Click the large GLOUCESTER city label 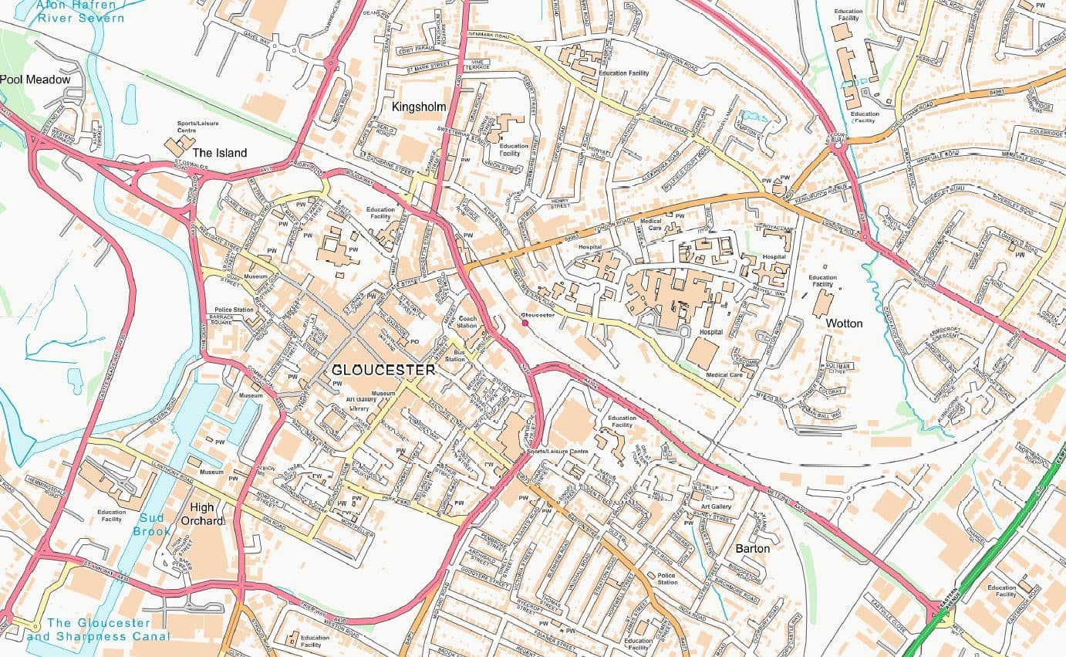click(383, 370)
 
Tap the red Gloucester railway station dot click(525, 323)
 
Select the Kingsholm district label click(419, 107)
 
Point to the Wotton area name click(844, 323)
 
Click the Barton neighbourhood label click(752, 548)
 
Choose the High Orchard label click(202, 513)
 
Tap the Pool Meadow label click(35, 80)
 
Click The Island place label click(220, 153)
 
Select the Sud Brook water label click(151, 524)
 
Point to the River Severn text click(80, 18)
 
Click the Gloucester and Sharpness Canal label click(98, 630)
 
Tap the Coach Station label click(467, 322)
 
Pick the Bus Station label click(455, 356)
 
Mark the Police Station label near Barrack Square click(234, 310)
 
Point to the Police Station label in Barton click(667, 578)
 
